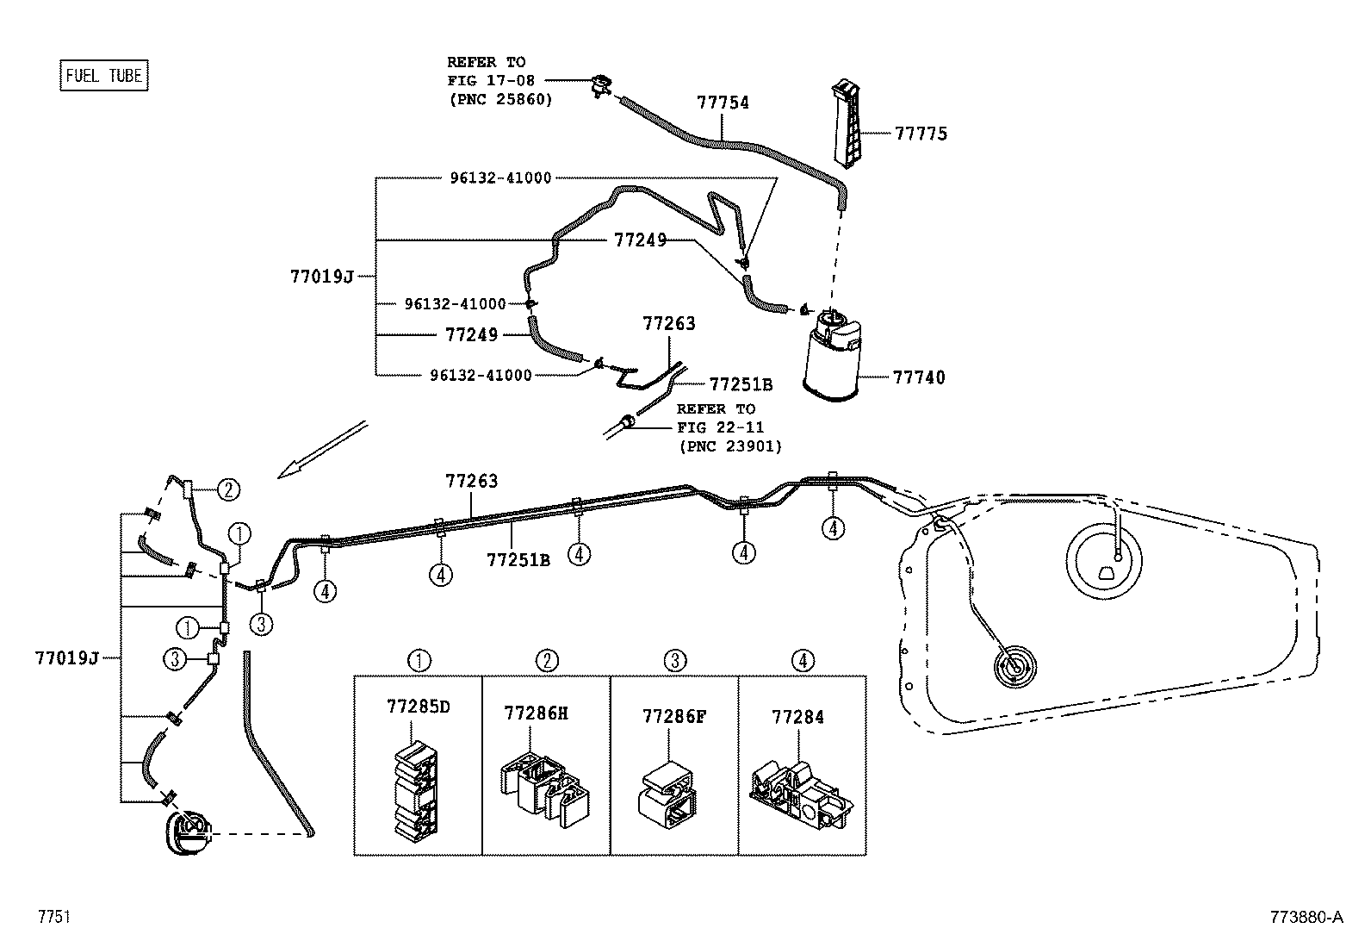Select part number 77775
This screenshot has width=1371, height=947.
click(920, 134)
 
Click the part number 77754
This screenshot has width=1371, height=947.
click(723, 103)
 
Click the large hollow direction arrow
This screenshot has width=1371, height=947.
click(323, 448)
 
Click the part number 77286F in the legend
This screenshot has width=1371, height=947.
click(673, 717)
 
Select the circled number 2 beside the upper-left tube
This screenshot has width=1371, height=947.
click(227, 490)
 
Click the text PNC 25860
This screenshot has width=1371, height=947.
click(499, 100)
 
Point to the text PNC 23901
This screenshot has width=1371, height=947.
click(729, 446)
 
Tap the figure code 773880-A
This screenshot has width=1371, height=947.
click(1305, 918)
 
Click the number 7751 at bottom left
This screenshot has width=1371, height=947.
click(53, 918)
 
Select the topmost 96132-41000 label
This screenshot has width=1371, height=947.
click(499, 178)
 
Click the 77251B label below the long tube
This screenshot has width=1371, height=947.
click(518, 560)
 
